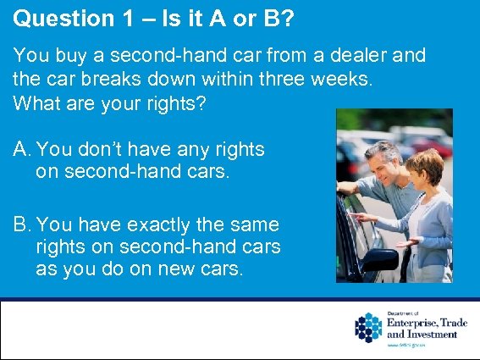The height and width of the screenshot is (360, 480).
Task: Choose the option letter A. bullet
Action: click(22, 150)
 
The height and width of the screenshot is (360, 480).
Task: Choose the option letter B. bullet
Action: click(22, 224)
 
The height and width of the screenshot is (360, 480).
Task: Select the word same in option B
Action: click(254, 224)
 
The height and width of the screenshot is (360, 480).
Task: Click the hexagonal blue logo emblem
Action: click(369, 328)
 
